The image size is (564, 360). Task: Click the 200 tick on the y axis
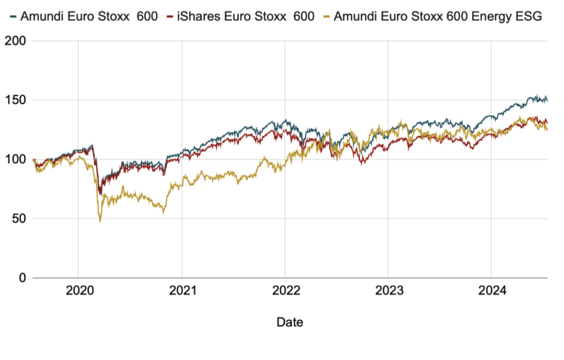[x=16, y=41]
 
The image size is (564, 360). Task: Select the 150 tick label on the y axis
[x=16, y=100]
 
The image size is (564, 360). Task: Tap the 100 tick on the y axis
[x=16, y=160]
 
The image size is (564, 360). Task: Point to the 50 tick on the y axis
[x=19, y=219]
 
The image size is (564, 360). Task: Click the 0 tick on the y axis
[x=23, y=278]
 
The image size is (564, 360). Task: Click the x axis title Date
[x=290, y=322]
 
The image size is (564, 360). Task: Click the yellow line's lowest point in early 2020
[x=100, y=221]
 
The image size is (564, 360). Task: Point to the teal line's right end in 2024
[x=547, y=101]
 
